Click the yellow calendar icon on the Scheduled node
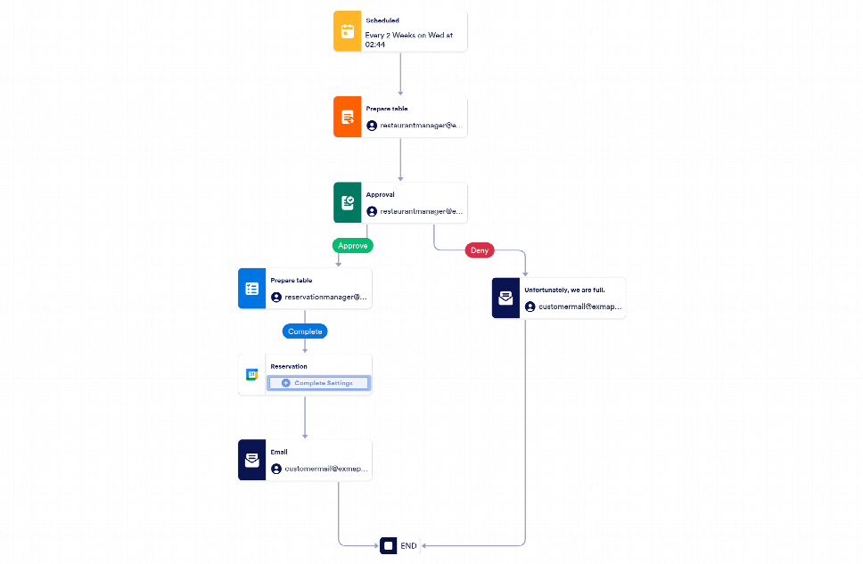pos(348,31)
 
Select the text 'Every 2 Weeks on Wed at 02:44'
pos(409,39)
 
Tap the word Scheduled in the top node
pos(382,20)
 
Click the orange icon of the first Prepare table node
pos(348,117)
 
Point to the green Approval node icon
pos(348,202)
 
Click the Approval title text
pos(381,194)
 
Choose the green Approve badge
pos(353,245)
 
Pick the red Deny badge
pos(480,250)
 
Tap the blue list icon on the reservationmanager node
pos(252,289)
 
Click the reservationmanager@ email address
pos(325,298)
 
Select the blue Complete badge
pos(305,331)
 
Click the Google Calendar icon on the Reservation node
pos(252,374)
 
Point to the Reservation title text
pos(289,366)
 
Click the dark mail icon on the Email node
pos(252,460)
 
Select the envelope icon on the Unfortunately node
pos(505,298)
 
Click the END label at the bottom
pos(408,545)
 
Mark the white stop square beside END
pos(388,545)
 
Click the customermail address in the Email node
pos(325,469)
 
